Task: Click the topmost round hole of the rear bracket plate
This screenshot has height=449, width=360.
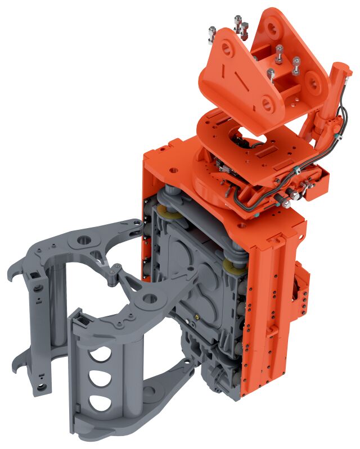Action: click(x=273, y=25)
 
